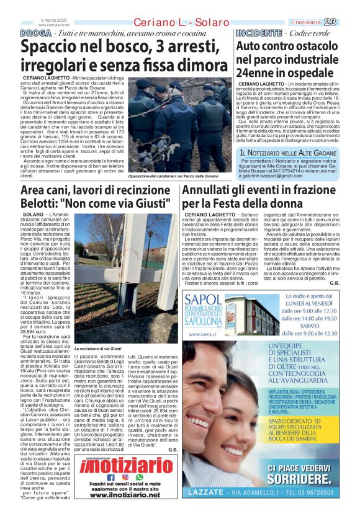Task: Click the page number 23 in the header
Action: [x=346, y=22]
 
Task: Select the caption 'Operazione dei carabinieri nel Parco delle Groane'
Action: [x=177, y=176]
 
